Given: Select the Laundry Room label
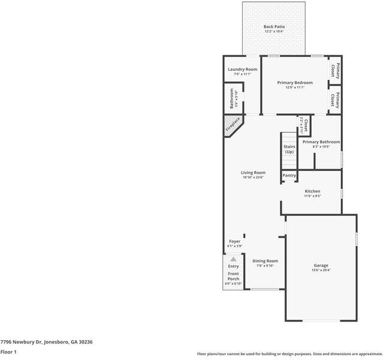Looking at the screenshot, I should tap(242, 70).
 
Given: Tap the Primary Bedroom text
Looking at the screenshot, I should tap(294, 83).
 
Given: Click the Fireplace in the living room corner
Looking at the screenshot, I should tap(233, 124).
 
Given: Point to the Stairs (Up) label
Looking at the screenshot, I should tap(289, 149).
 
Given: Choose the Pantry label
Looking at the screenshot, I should tap(289, 175).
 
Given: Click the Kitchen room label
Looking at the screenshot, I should tap(312, 191).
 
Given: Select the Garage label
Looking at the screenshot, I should tap(321, 265).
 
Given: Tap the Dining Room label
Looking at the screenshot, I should tap(265, 261).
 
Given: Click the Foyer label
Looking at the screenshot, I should tap(234, 241).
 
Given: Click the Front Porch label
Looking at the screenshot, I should tap(233, 277).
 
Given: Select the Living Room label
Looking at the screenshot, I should tap(254, 172).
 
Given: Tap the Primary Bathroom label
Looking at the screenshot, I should tap(321, 142).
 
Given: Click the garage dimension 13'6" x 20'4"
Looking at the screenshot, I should tap(321, 271).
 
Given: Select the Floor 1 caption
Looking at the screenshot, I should tap(8, 352).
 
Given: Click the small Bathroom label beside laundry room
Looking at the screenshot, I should tap(231, 98).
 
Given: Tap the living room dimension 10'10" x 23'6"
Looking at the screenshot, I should tap(254, 178).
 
